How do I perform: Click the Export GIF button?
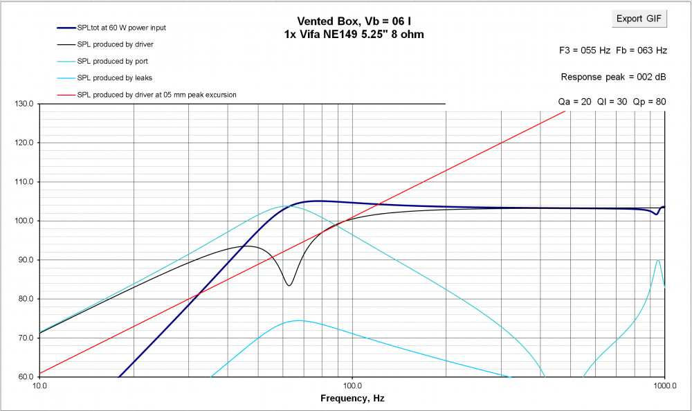click(x=639, y=19)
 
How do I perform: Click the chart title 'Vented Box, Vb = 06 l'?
click(x=353, y=21)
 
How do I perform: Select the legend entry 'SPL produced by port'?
click(x=112, y=61)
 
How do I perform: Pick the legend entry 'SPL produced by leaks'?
click(x=114, y=77)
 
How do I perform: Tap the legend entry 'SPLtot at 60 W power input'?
click(x=121, y=28)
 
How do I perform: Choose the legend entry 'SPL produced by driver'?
click(x=115, y=44)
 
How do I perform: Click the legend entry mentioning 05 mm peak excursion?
click(x=157, y=94)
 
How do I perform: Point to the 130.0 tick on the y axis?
click(x=26, y=104)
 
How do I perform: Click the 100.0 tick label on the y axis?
click(x=26, y=221)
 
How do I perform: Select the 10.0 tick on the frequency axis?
click(x=39, y=386)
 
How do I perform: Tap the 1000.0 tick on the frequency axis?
click(x=664, y=386)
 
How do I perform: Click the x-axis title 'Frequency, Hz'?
click(x=352, y=399)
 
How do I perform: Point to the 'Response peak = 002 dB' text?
click(x=614, y=77)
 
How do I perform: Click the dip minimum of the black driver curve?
click(x=289, y=285)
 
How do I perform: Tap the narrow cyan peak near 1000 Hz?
click(x=658, y=260)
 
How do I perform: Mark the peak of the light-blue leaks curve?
click(x=298, y=320)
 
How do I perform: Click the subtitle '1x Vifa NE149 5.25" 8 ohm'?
click(x=353, y=34)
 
